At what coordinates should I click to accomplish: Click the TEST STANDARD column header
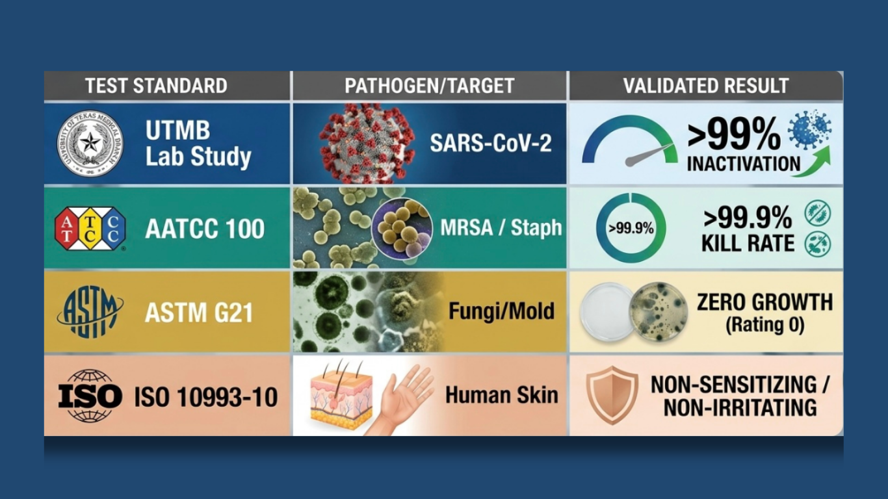pos(156,86)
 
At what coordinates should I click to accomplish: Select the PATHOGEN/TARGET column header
pos(429,86)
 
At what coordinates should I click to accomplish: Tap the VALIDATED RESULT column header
pos(705,86)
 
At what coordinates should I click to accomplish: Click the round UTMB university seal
pos(90,144)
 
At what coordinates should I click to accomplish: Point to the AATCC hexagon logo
pos(90,229)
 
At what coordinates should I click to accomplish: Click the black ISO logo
pos(90,395)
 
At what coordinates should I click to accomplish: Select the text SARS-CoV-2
pos(490,144)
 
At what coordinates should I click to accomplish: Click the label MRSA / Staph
pos(501,228)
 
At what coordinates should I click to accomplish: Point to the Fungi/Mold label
pos(501,311)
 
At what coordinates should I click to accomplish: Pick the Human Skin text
pos(501,394)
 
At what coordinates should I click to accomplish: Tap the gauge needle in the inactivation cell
pos(649,155)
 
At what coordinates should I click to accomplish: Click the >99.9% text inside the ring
pos(631,229)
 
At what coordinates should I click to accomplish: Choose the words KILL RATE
pos(748,243)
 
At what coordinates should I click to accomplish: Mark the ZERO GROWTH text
pos(764,302)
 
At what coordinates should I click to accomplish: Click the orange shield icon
pos(612,394)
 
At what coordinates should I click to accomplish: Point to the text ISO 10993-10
pos(206,396)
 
